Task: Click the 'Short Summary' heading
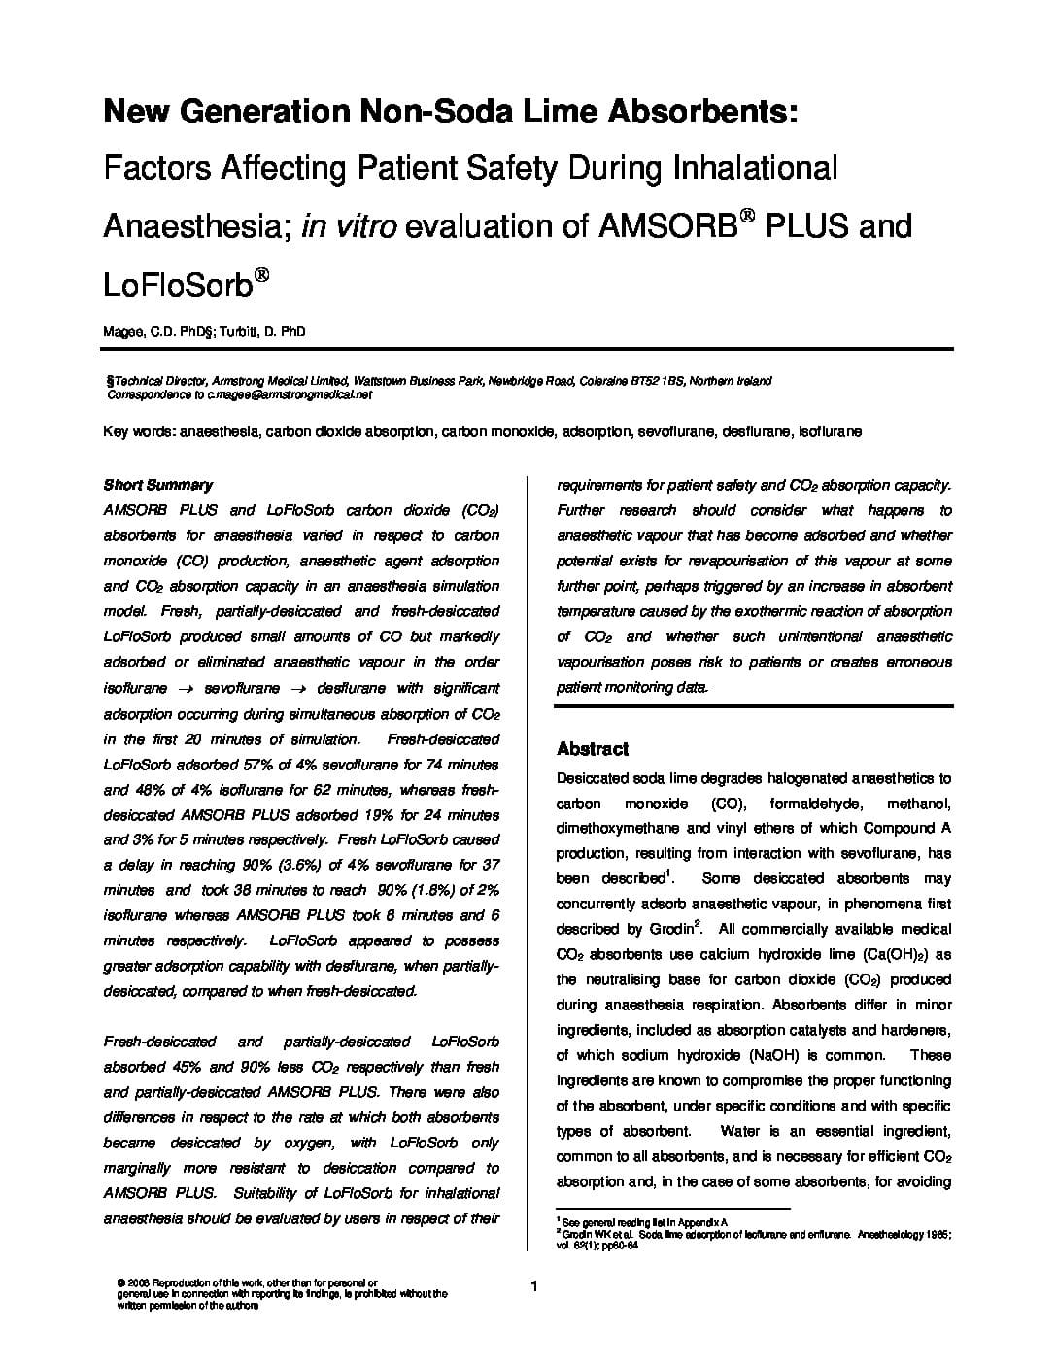click(157, 485)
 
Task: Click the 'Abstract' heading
click(592, 749)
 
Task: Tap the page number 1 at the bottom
click(534, 1288)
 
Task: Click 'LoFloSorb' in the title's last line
click(177, 285)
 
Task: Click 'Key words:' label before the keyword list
click(137, 431)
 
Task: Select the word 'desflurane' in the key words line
click(755, 431)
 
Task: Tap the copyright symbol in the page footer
click(119, 1282)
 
